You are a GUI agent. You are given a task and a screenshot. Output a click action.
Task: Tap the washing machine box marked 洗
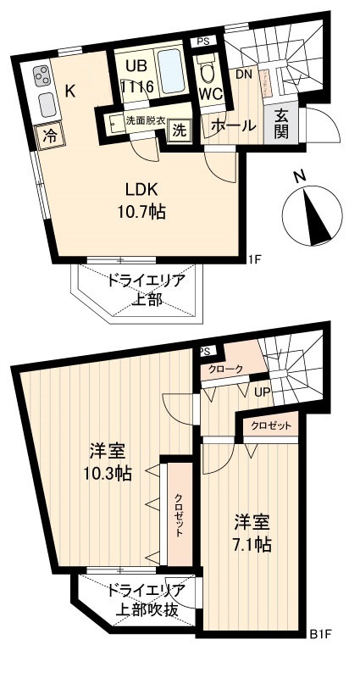(x=179, y=130)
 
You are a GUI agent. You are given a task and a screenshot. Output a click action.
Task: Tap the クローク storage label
(x=225, y=369)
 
